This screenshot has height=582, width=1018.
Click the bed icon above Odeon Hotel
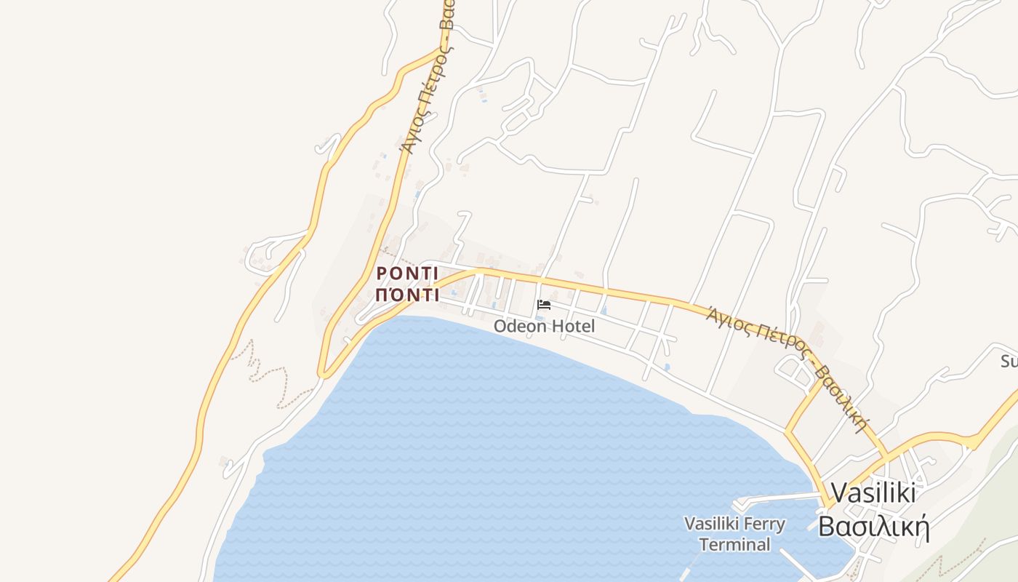click(x=543, y=305)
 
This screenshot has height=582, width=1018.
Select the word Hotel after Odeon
click(x=572, y=326)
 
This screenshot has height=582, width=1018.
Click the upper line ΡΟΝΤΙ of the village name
click(x=407, y=274)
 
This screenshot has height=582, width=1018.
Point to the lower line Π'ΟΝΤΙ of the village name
click(x=407, y=295)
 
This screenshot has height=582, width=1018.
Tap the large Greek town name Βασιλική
click(x=874, y=526)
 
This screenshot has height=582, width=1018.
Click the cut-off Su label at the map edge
click(x=1009, y=361)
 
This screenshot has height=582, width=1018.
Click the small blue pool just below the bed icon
click(x=540, y=318)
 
